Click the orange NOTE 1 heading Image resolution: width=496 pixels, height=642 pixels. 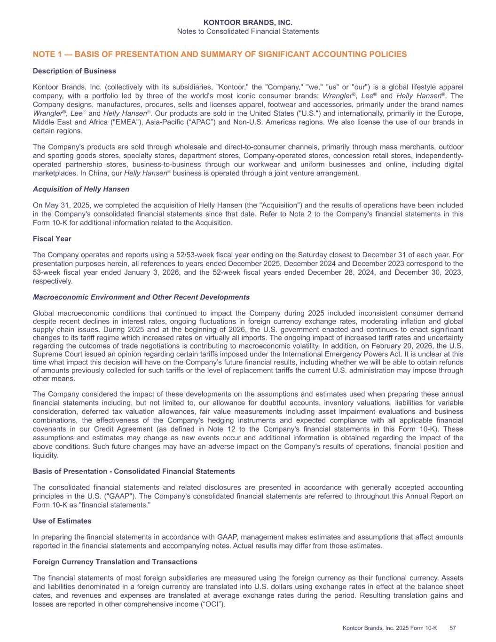(220, 55)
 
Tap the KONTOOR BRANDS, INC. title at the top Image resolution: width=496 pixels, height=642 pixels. (248, 23)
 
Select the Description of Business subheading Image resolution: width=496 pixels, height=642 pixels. (74, 71)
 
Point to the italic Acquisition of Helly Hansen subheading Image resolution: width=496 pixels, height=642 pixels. (81, 189)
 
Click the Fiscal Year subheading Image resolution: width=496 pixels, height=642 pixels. (52, 239)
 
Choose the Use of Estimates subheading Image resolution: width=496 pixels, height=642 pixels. (62, 521)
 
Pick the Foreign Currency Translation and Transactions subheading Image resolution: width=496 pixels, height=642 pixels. (115, 562)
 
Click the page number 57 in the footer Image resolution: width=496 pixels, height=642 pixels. (453, 628)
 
